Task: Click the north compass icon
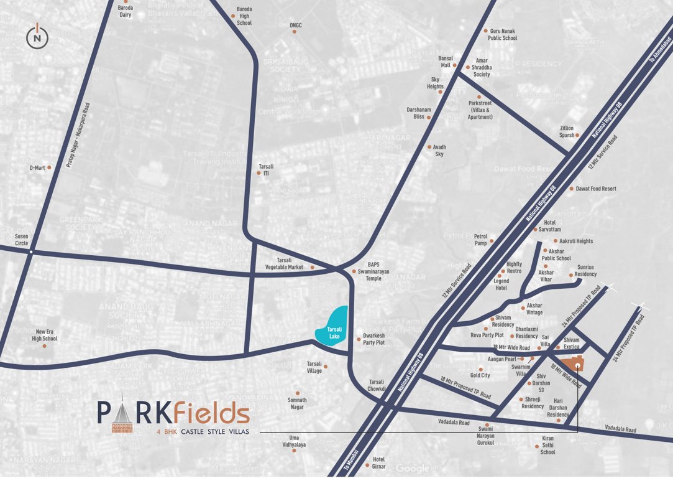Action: click(38, 37)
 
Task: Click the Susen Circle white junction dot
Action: click(30, 251)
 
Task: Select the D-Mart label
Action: click(37, 168)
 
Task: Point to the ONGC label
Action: click(296, 26)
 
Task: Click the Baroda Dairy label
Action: click(126, 12)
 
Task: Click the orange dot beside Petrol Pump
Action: click(492, 241)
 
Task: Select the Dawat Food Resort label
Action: click(596, 189)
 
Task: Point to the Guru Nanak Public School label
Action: click(503, 34)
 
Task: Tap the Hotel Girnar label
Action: click(378, 463)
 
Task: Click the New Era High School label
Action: click(46, 335)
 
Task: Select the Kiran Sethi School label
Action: click(547, 445)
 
